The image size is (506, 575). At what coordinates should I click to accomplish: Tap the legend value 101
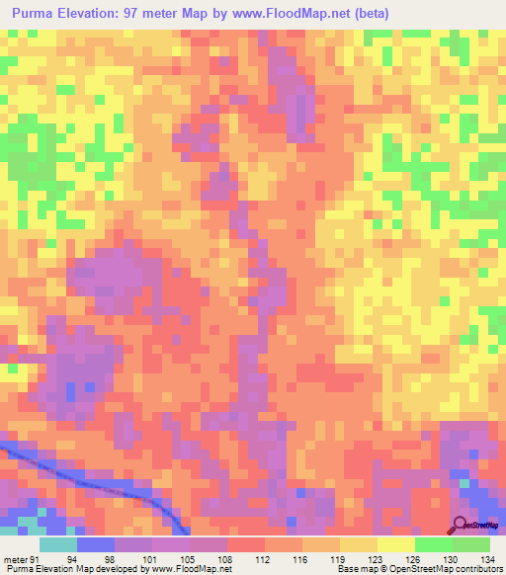tap(172, 558)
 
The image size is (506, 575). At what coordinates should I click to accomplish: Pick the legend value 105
tap(210, 558)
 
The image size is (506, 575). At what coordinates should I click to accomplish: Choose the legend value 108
tap(247, 558)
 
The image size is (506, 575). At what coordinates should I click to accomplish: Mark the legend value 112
tap(285, 558)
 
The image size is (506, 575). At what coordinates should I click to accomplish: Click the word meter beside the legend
tap(17, 558)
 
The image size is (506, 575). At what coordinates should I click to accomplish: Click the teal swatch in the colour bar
tap(58, 544)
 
